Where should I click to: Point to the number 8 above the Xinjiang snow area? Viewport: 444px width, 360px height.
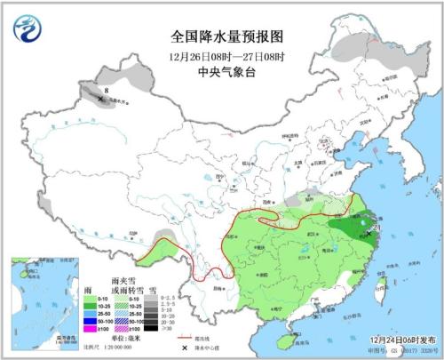click(107, 90)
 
